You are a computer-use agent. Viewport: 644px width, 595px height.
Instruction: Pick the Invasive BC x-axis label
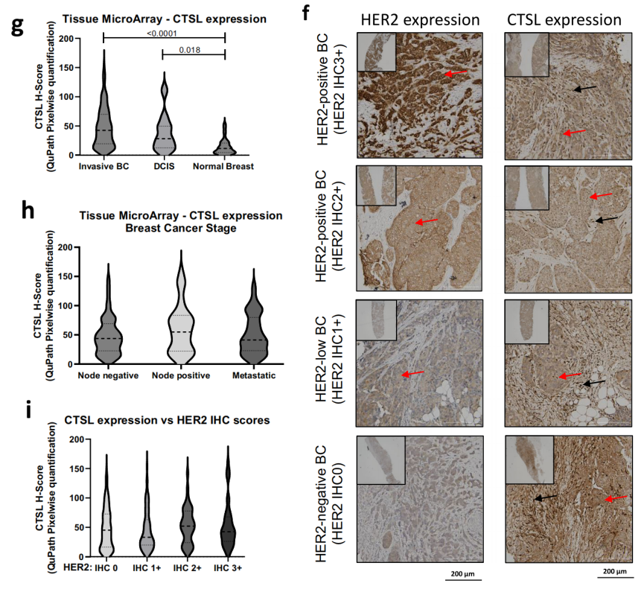point(103,165)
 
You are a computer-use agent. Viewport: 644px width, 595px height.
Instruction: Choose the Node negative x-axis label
point(108,376)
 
